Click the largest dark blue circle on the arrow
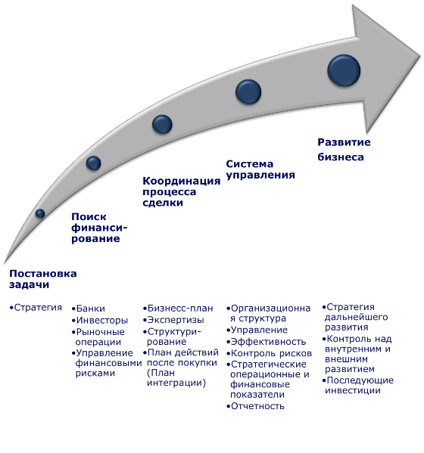(x=344, y=70)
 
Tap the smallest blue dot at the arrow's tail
(x=40, y=213)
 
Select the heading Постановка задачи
(x=43, y=279)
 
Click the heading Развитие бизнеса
(x=344, y=150)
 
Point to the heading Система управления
(x=260, y=169)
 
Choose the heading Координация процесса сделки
(x=182, y=191)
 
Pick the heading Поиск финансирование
(x=99, y=228)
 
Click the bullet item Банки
(x=89, y=309)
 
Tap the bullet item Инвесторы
(x=100, y=321)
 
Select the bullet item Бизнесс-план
(x=178, y=309)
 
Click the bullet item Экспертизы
(x=173, y=320)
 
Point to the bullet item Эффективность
(x=266, y=342)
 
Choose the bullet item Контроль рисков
(x=269, y=353)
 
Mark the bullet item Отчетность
(x=255, y=406)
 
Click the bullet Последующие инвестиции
(x=358, y=386)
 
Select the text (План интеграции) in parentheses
(x=176, y=378)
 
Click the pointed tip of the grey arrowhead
(x=419, y=55)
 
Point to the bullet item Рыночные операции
(x=98, y=337)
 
